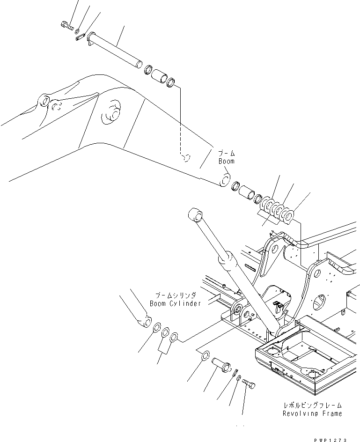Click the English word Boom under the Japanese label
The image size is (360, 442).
(227, 161)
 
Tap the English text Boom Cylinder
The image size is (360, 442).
(175, 303)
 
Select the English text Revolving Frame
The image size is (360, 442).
(312, 413)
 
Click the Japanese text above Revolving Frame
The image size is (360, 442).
(312, 405)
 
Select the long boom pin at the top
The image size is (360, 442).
(115, 49)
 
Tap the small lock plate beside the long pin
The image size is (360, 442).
(80, 37)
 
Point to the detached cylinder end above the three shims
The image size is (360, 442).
(143, 320)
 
